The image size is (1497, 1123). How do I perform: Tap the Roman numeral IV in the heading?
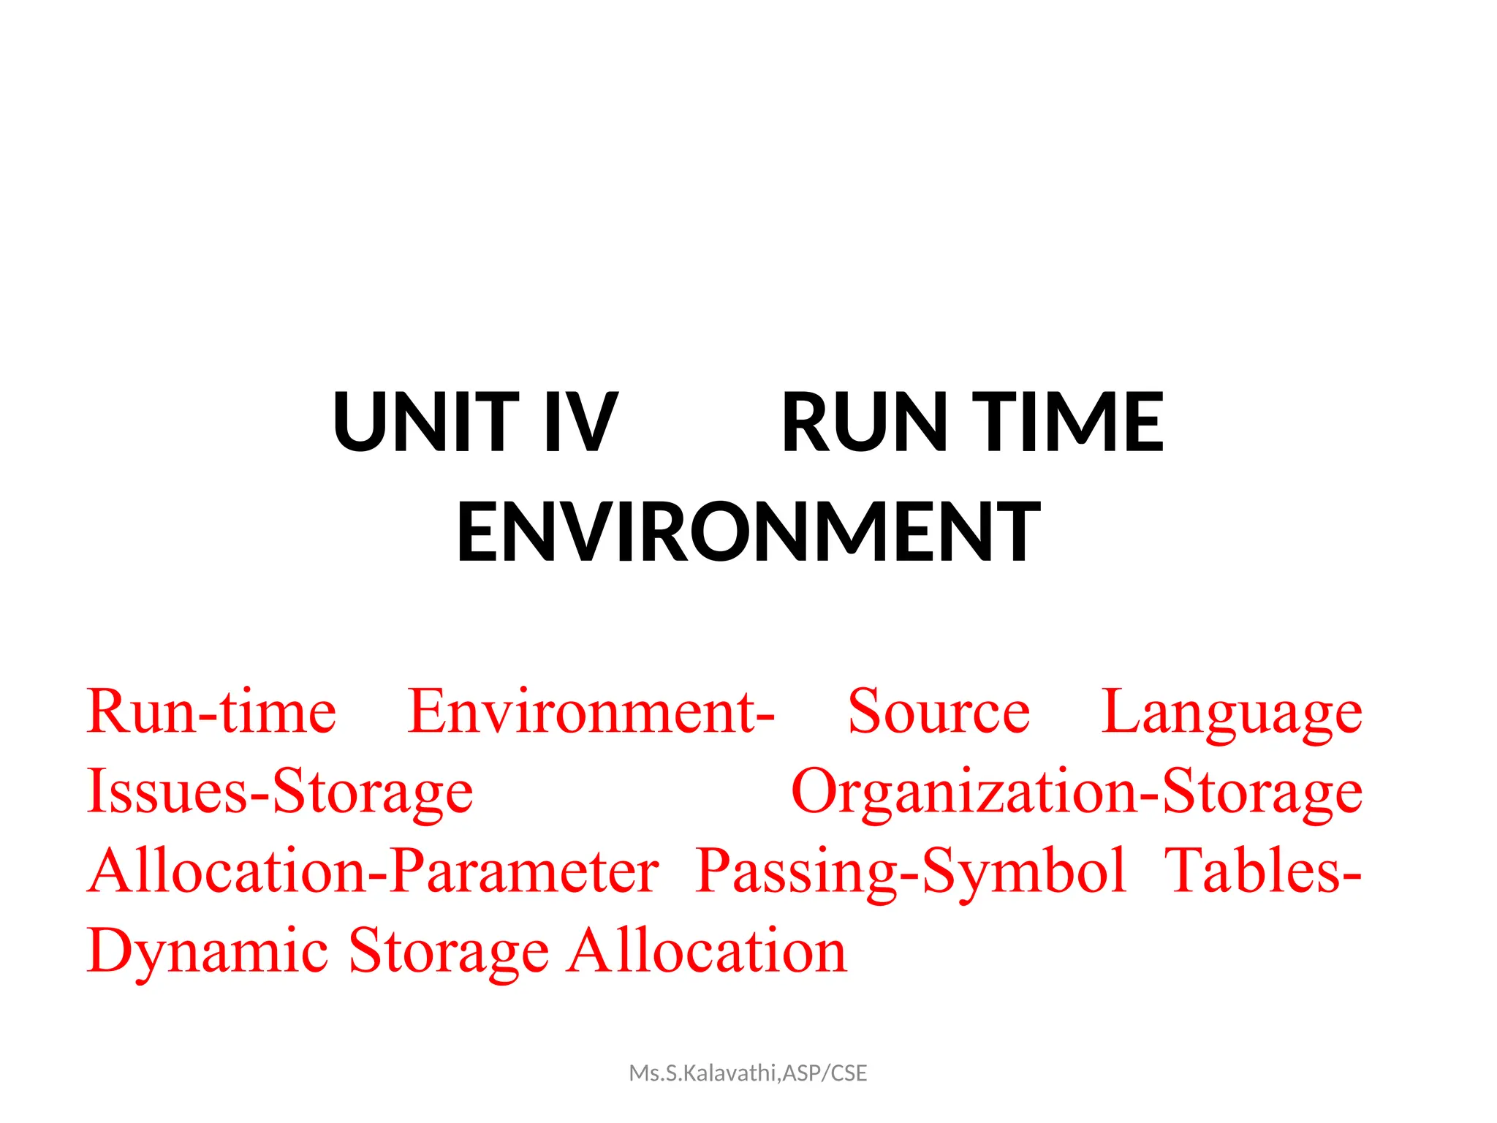click(x=582, y=422)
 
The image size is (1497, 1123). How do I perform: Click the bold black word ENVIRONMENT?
click(x=748, y=532)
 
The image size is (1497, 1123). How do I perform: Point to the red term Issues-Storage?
click(x=280, y=793)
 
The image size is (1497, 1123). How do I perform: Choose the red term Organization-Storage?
click(x=1077, y=793)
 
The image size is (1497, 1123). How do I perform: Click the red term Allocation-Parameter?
click(x=374, y=871)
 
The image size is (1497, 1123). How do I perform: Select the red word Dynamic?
click(x=208, y=952)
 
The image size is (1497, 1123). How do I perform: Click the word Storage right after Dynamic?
click(x=448, y=952)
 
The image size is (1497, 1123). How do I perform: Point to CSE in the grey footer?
click(x=849, y=1073)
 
